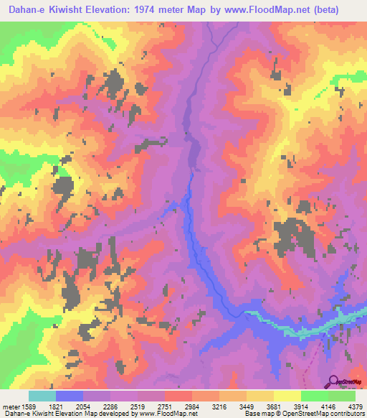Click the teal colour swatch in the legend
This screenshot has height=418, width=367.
pyautogui.click(x=42, y=396)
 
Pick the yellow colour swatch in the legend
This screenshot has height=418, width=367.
pyautogui.click(x=287, y=396)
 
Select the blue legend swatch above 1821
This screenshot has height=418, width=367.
pyautogui.click(x=70, y=396)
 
